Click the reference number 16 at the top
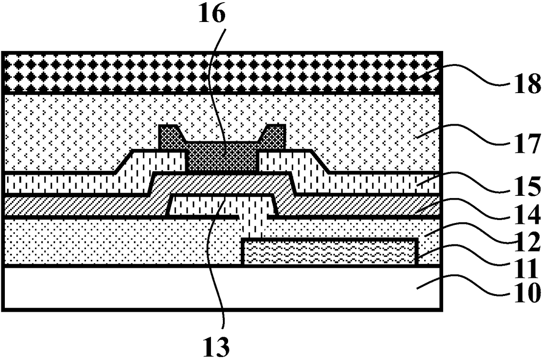pyautogui.click(x=213, y=14)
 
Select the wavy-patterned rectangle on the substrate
pyautogui.click(x=329, y=252)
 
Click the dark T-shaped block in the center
pyautogui.click(x=222, y=156)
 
